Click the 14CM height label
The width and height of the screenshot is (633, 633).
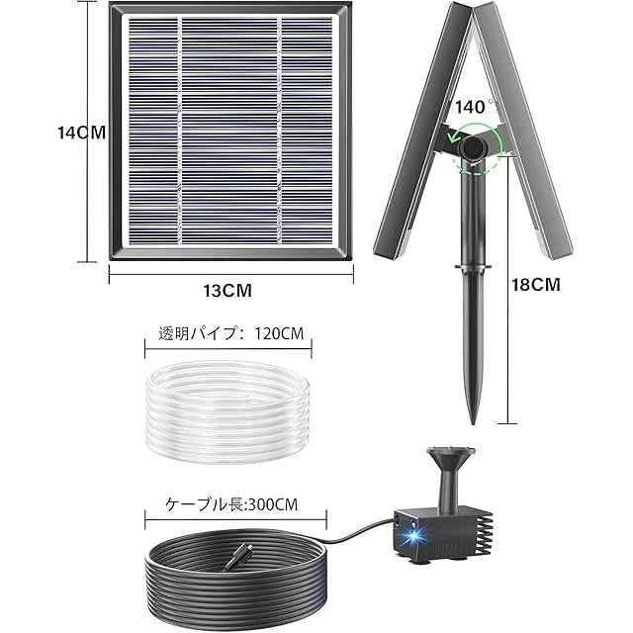(x=81, y=133)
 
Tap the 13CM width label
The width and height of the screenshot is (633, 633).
(x=227, y=290)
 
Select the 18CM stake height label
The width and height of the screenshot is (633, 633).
(x=536, y=285)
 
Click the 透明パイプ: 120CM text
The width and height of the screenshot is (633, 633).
(x=230, y=333)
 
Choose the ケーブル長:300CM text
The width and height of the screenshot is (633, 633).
(x=231, y=504)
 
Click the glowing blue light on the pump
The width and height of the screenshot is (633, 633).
(x=414, y=537)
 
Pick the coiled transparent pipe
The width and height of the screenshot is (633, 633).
(x=228, y=411)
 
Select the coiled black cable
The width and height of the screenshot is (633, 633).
(x=236, y=578)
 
